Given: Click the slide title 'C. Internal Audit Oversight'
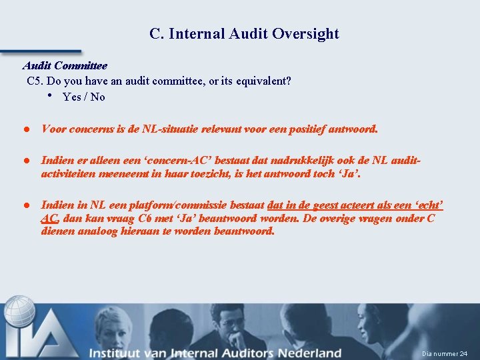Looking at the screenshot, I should coord(244,34).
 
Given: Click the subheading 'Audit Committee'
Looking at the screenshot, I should coord(65,66).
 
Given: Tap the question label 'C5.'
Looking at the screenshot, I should coord(36,81).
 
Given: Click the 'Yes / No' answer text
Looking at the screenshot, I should coord(83,97).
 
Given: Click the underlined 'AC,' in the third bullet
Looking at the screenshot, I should coord(51,218).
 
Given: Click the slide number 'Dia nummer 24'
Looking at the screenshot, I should coord(445,353).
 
